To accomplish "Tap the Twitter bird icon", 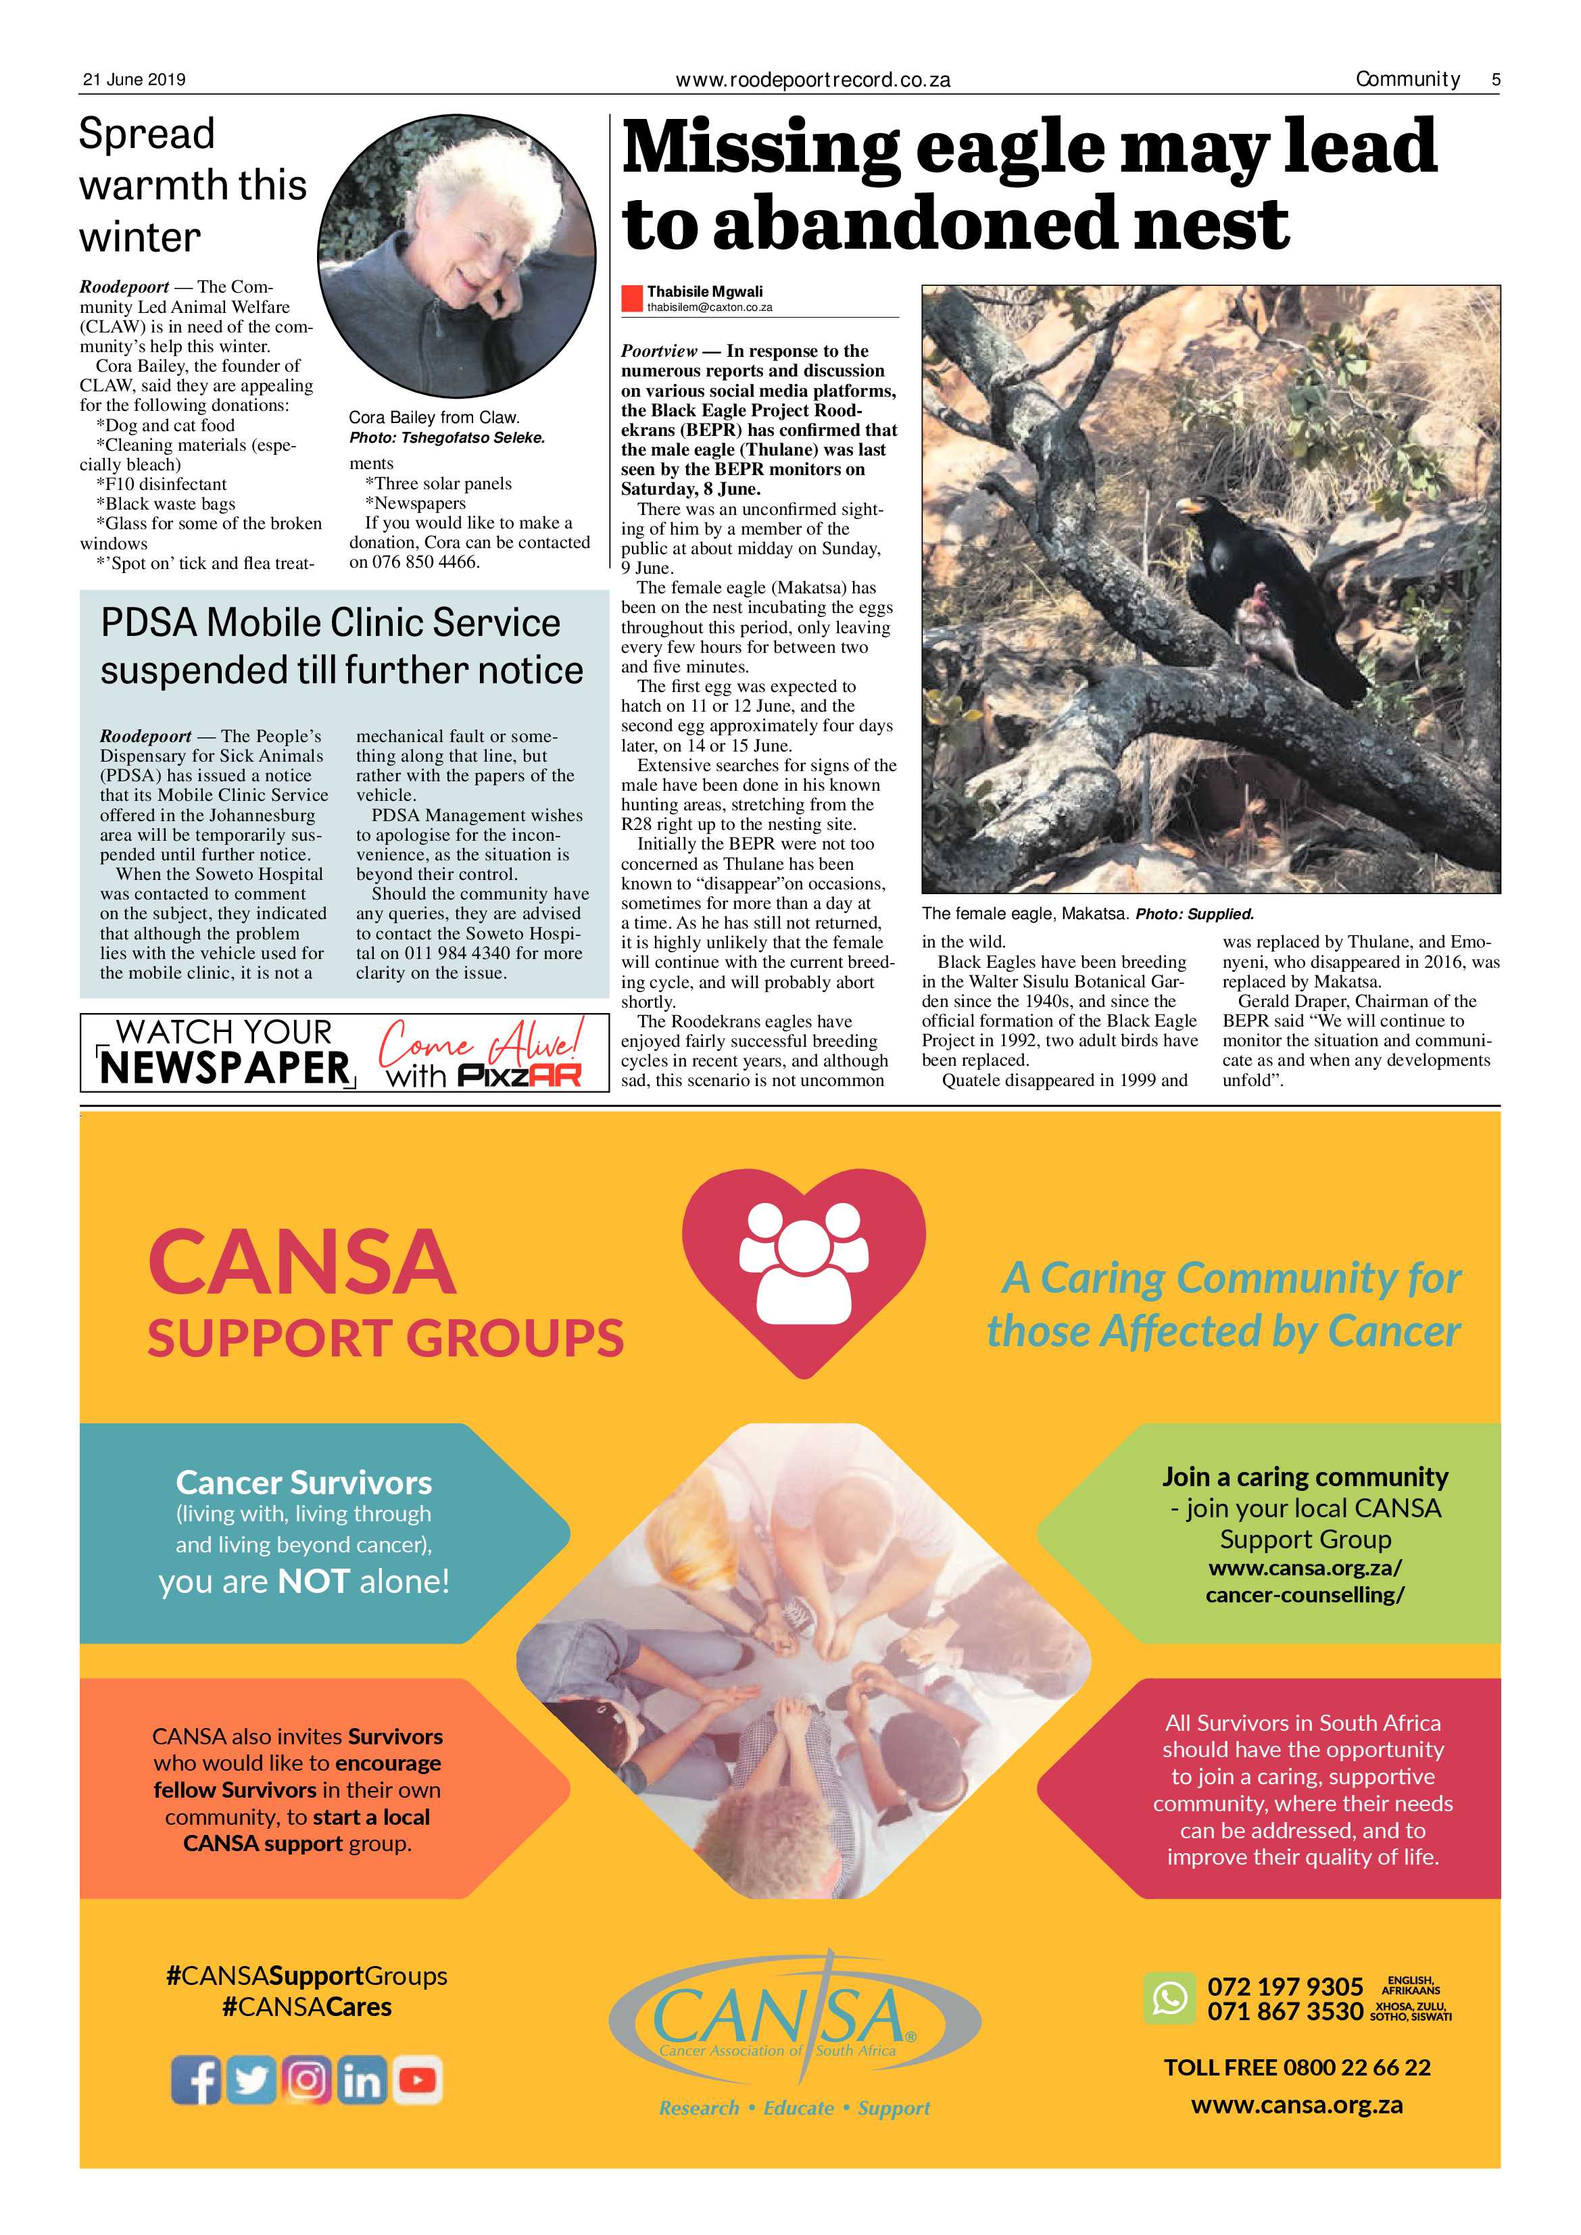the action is (251, 2080).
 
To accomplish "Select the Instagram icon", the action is (307, 2080).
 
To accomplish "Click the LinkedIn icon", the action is (361, 2080).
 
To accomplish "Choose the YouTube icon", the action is (416, 2080).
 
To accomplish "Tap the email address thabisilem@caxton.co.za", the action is (710, 308).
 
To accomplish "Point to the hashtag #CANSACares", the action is (307, 2007).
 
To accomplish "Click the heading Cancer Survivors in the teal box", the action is (303, 1483).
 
